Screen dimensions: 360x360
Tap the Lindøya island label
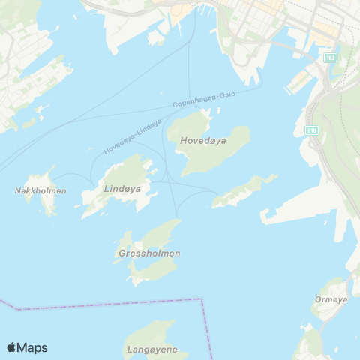[122, 189]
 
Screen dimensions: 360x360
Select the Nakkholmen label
[40, 190]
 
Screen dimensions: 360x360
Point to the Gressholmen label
[149, 253]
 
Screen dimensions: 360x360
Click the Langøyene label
[151, 349]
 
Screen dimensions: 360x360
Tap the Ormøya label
[330, 298]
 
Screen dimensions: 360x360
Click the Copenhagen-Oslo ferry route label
[204, 100]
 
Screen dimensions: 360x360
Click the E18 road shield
[311, 130]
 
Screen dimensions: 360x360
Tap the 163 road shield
[330, 58]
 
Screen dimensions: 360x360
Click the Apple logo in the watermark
[11, 347]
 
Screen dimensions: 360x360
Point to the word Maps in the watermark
[32, 347]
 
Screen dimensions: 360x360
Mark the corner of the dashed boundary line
[202, 298]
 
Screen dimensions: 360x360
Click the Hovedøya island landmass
[217, 150]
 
